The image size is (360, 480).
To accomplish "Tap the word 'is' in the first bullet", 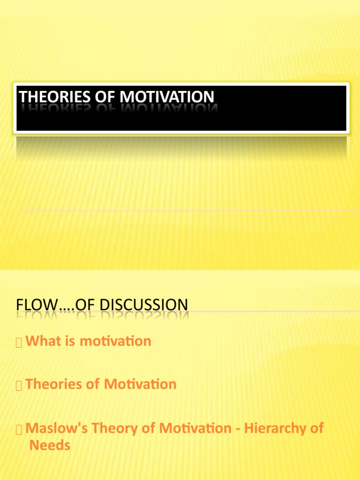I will tap(70, 341).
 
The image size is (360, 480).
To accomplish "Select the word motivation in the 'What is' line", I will tap(115, 341).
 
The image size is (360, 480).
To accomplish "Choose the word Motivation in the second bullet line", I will tap(140, 384).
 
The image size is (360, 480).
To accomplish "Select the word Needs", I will tap(50, 445).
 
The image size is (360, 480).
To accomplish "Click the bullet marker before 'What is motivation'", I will tap(19, 343).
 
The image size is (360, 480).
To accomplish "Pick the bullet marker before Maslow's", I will tap(19, 430).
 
